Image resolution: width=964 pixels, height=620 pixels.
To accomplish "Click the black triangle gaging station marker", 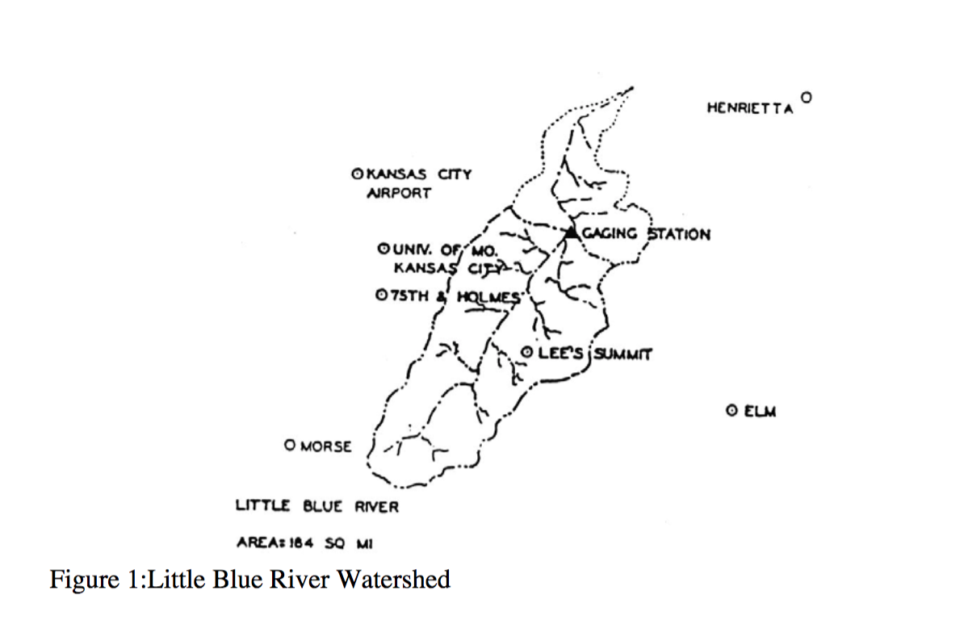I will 571,232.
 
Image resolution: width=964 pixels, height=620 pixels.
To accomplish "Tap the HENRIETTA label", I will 748,107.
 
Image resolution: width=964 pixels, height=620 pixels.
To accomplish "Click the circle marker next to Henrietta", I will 805,96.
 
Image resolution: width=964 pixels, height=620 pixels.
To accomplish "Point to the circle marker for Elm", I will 731,411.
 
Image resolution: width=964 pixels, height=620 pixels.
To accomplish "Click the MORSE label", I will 325,446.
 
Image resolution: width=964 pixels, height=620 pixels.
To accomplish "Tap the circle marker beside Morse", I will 290,444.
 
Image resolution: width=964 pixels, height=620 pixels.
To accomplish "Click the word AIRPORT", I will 399,194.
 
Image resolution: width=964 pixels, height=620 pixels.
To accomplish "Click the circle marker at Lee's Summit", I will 526,352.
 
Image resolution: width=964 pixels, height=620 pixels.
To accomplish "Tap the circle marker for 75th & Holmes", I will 382,295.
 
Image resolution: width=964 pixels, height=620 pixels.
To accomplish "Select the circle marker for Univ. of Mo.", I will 384,249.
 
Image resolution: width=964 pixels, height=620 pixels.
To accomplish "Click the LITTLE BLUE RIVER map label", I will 316,507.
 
